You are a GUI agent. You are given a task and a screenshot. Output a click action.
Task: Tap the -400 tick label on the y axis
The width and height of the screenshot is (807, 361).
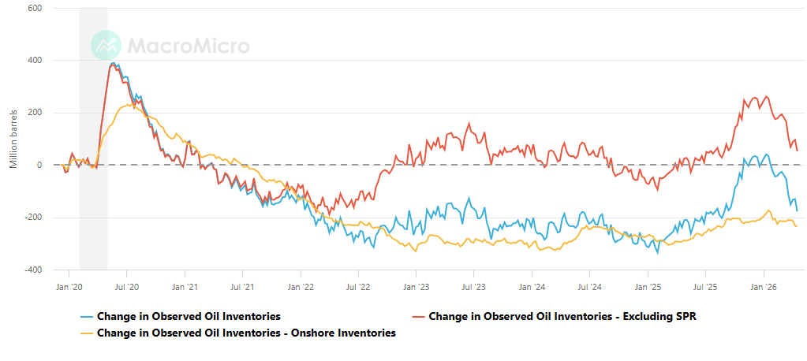pyautogui.click(x=32, y=270)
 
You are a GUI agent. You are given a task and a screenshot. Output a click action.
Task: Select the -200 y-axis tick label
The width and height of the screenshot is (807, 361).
pyautogui.click(x=32, y=218)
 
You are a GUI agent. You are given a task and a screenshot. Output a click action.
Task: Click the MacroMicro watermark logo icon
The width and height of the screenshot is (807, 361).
pyautogui.click(x=105, y=46)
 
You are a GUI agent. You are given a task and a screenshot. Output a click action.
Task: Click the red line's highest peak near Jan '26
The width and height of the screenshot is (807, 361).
pyautogui.click(x=766, y=96)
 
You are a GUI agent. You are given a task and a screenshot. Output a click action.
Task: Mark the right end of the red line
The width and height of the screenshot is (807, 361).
pyautogui.click(x=797, y=151)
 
